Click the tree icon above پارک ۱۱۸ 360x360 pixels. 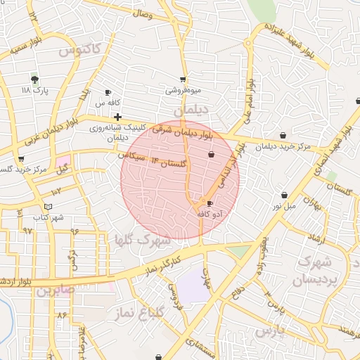pos(34,79)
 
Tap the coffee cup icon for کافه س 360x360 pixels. pos(108,93)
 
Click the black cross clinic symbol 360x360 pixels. pos(117,116)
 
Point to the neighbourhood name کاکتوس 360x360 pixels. pos(79,51)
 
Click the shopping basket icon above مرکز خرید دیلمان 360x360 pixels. pos(283,135)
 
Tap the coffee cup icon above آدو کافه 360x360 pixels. pos(210,202)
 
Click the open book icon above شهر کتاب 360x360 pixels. pos(48,206)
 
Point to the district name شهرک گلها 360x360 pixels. pos(143,240)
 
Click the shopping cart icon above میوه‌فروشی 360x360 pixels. pos(184,79)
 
